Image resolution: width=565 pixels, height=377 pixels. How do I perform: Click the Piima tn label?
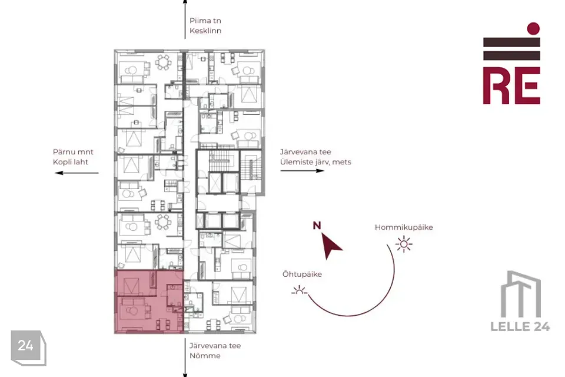(205, 21)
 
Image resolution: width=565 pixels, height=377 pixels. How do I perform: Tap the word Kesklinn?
(205, 31)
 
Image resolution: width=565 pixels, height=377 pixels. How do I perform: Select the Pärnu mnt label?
(73, 152)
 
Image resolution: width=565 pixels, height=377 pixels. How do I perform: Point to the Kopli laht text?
(70, 162)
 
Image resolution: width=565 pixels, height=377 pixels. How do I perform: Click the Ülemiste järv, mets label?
(315, 162)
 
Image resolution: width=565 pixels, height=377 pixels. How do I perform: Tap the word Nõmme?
(205, 356)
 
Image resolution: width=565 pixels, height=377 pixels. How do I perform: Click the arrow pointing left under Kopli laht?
(77, 173)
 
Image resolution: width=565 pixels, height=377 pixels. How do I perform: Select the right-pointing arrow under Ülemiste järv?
(303, 171)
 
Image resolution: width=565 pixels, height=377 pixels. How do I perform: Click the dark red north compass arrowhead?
(330, 245)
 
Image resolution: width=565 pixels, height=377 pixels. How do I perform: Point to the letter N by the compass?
(317, 226)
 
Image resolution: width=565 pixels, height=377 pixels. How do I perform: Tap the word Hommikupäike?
(404, 227)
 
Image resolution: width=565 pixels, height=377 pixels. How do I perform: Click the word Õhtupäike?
(302, 274)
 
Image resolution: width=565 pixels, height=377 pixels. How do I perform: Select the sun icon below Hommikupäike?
(404, 244)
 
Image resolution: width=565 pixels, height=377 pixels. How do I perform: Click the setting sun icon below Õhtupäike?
(299, 290)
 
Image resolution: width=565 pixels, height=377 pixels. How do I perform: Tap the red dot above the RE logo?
(533, 28)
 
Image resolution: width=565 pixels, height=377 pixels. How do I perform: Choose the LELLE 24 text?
(520, 326)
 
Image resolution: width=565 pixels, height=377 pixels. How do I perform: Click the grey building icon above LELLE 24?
(521, 294)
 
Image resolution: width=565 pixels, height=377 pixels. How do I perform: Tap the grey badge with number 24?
(28, 348)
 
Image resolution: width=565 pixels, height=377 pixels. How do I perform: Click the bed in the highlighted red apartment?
(131, 285)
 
